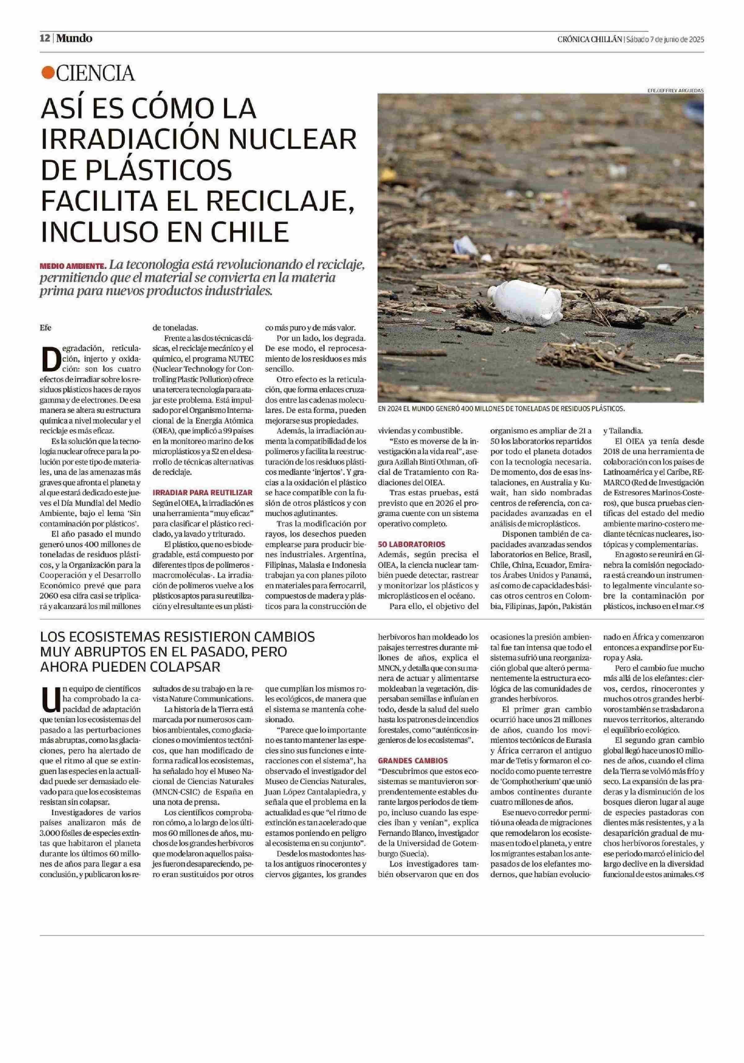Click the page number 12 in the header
[x=45, y=38]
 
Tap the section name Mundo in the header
[x=74, y=38]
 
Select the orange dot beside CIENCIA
[x=47, y=73]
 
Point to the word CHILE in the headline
[x=251, y=232]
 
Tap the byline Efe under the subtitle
[x=45, y=328]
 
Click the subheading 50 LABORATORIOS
[x=412, y=544]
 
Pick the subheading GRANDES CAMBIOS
[x=413, y=760]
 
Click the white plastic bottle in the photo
[x=525, y=304]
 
